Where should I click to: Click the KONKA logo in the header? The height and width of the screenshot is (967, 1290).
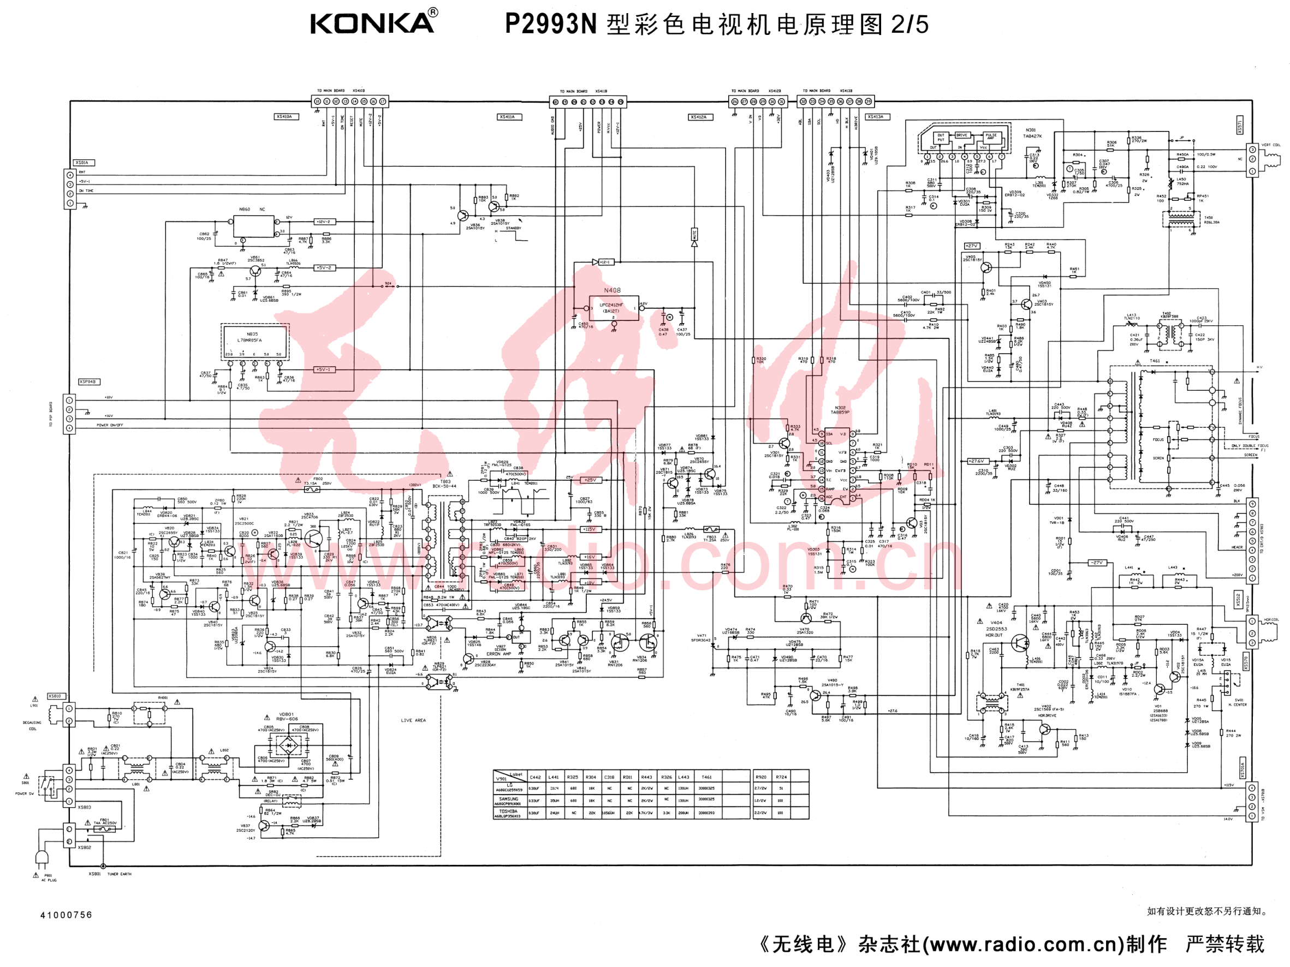(x=374, y=23)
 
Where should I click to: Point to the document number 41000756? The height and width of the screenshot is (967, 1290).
(x=66, y=915)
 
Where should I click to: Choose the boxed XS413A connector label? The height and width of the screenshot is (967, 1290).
(x=875, y=117)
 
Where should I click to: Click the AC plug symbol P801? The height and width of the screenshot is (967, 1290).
(x=42, y=857)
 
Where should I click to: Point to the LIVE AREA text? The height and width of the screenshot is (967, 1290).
(x=413, y=720)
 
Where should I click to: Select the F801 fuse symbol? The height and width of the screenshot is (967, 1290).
(x=105, y=828)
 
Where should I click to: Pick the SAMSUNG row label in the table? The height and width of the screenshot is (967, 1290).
(x=509, y=799)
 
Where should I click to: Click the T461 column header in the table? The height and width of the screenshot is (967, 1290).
(x=706, y=777)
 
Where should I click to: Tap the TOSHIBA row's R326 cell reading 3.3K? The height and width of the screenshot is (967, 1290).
(x=666, y=813)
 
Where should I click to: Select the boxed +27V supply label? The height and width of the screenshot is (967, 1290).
(x=972, y=246)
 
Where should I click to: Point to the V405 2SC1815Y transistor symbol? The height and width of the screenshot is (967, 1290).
(x=985, y=267)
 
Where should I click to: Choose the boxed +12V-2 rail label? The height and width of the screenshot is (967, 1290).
(x=324, y=222)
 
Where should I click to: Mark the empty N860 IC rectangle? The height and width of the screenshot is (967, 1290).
(x=253, y=225)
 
